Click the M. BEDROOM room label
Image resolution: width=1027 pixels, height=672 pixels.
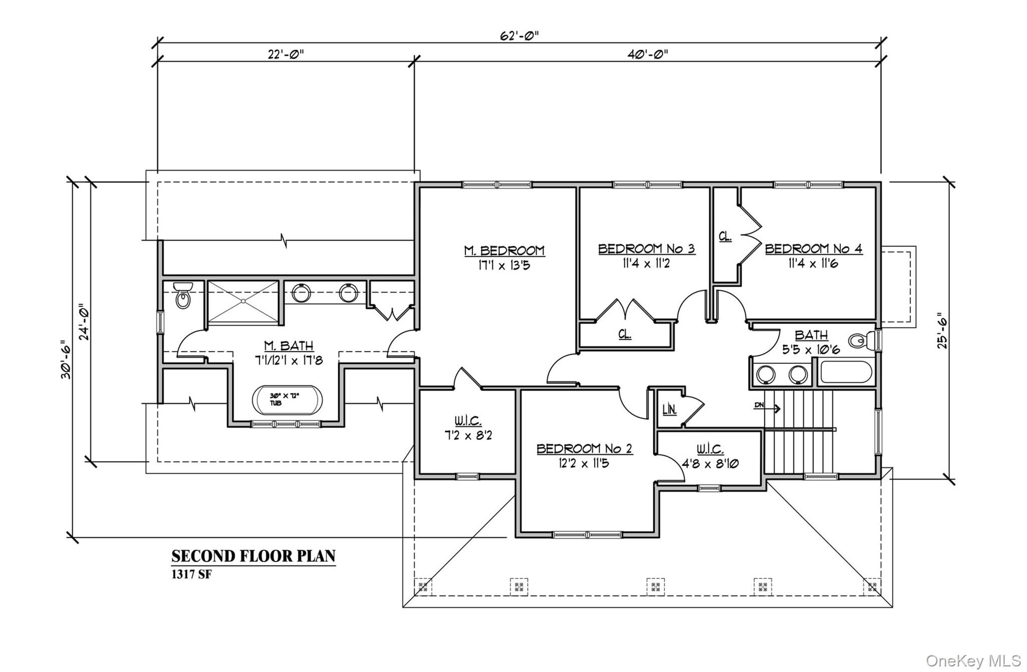click(x=504, y=251)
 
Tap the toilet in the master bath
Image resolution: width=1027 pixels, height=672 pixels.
click(x=183, y=296)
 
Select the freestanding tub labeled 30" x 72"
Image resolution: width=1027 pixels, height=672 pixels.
click(x=287, y=400)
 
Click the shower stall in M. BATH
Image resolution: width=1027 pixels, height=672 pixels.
click(x=243, y=302)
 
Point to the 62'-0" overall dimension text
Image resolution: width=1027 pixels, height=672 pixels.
click(x=520, y=36)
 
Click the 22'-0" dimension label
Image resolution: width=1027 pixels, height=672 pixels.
click(x=285, y=54)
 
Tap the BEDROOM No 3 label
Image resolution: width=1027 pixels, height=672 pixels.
click(x=646, y=249)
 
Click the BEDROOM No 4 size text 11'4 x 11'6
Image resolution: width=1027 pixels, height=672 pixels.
click(x=813, y=263)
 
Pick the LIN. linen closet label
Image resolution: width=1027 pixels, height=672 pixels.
click(x=669, y=410)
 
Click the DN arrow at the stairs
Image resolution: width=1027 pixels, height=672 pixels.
click(x=767, y=408)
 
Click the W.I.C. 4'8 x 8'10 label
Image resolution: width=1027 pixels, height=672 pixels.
click(x=710, y=464)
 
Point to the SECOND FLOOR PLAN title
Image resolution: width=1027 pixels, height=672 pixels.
click(x=253, y=556)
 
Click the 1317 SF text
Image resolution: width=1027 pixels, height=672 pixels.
click(x=192, y=574)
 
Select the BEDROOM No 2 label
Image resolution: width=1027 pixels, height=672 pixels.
click(x=584, y=449)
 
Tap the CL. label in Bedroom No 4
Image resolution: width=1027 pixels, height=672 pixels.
click(x=725, y=237)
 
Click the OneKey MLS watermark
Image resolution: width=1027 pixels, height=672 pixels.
click(x=973, y=660)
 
